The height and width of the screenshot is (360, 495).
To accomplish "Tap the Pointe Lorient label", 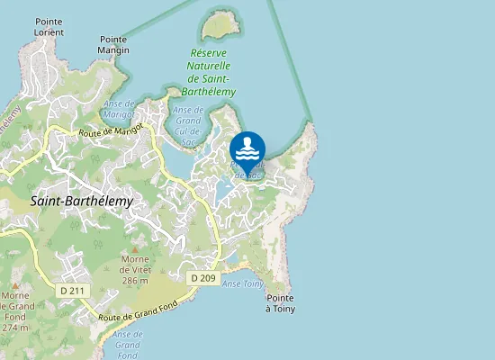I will click(49, 26).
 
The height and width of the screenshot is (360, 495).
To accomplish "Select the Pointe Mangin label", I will click(114, 45).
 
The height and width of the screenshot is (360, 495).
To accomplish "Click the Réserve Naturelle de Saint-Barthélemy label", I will click(212, 73).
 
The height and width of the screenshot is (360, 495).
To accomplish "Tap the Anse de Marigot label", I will click(120, 109).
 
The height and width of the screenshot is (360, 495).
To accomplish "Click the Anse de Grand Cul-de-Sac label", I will click(188, 124).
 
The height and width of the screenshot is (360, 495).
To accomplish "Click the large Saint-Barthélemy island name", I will click(81, 202).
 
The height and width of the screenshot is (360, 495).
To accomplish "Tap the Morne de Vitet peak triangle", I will click(135, 249).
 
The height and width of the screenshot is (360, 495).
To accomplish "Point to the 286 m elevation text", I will click(135, 281).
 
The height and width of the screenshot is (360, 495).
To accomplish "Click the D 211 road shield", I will click(71, 290).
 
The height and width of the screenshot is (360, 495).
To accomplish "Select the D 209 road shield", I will click(202, 278).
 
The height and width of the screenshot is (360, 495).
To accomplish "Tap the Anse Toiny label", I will click(242, 283).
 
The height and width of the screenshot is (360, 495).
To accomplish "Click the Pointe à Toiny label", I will click(281, 303).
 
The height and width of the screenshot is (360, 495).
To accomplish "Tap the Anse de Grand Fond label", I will click(128, 345).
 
